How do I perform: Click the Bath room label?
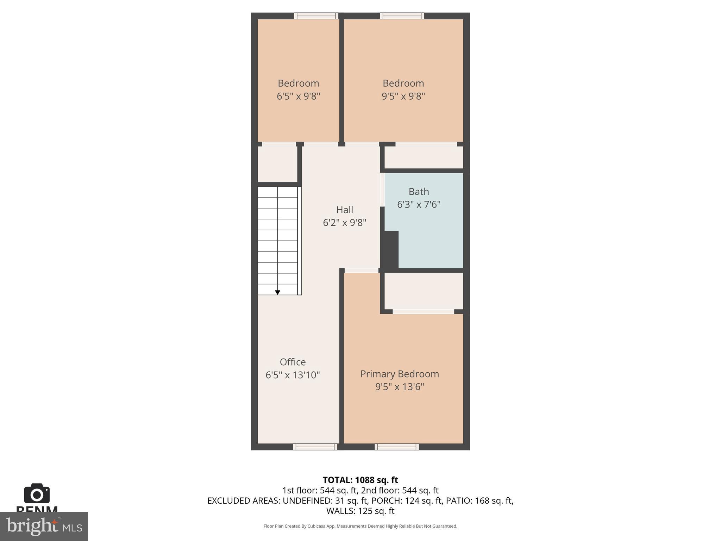[419, 192]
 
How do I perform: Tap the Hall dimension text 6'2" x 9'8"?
[344, 223]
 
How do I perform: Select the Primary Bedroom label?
[400, 374]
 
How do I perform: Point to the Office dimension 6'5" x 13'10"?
[293, 375]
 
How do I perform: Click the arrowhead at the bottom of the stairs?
[277, 292]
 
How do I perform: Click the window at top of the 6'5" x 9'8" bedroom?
[316, 16]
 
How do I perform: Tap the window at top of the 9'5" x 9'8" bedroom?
[402, 16]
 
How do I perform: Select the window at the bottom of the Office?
[315, 447]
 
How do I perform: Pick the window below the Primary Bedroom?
[397, 447]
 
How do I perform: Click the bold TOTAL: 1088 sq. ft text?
[360, 480]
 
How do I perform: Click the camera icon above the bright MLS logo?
[37, 493]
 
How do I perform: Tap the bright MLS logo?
[44, 526]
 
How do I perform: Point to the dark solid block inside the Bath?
[390, 249]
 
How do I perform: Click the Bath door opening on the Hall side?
[382, 189]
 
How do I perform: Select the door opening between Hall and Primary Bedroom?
[361, 270]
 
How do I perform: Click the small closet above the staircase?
[277, 164]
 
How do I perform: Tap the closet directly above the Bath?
[424, 157]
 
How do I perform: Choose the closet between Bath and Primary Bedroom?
[424, 291]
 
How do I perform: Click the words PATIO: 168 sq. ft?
[479, 500]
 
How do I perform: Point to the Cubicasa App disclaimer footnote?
[360, 526]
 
